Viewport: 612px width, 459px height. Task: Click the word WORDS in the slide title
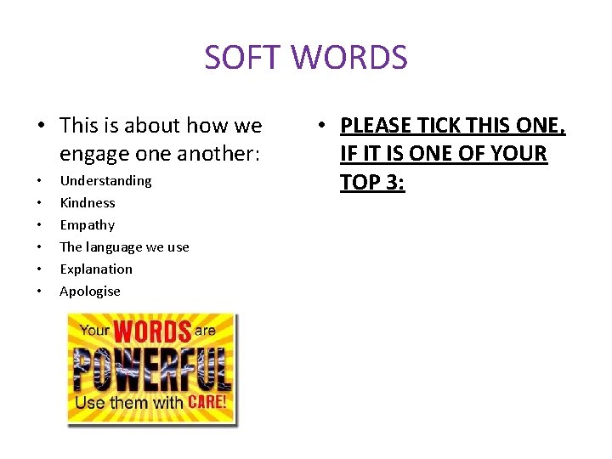click(350, 58)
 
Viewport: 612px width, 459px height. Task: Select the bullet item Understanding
click(105, 180)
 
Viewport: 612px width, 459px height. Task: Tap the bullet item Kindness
click(87, 202)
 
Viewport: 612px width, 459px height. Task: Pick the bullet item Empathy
click(87, 224)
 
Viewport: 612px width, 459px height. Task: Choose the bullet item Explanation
click(96, 269)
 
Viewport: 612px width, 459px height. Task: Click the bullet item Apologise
click(90, 291)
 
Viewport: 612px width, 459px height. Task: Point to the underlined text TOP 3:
click(372, 183)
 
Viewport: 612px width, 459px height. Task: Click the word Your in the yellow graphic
click(95, 331)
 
